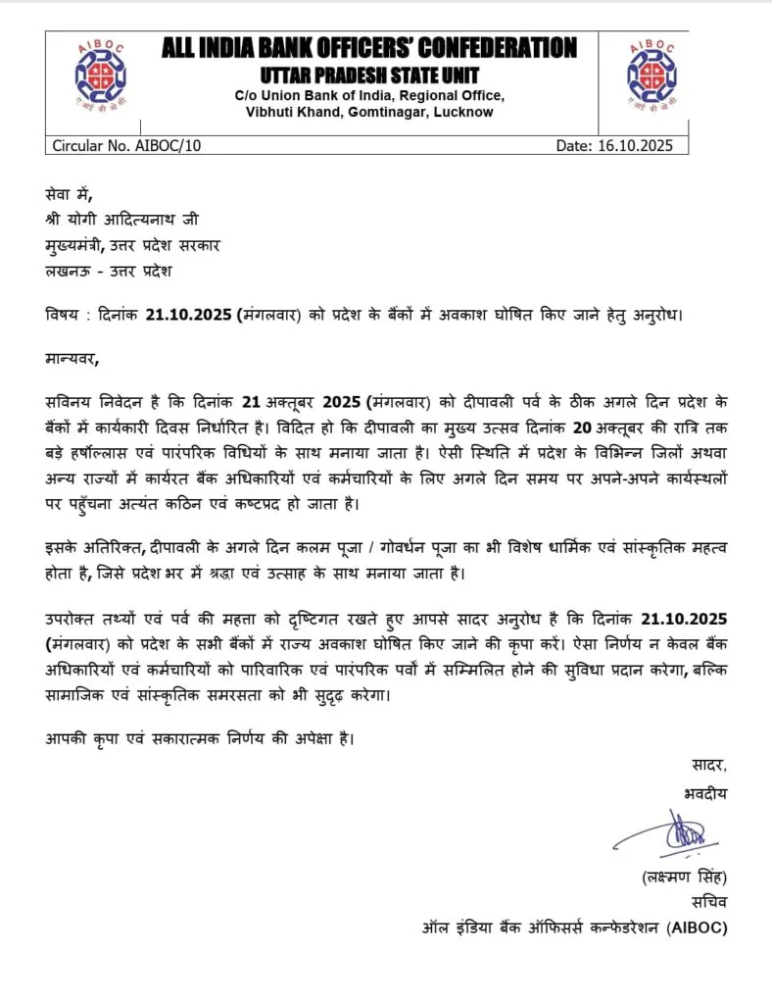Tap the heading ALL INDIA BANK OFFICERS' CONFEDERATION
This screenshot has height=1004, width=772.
pos(368,47)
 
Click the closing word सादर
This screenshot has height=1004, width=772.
pos(706,765)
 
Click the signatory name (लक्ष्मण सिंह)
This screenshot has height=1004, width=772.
pos(684,877)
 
